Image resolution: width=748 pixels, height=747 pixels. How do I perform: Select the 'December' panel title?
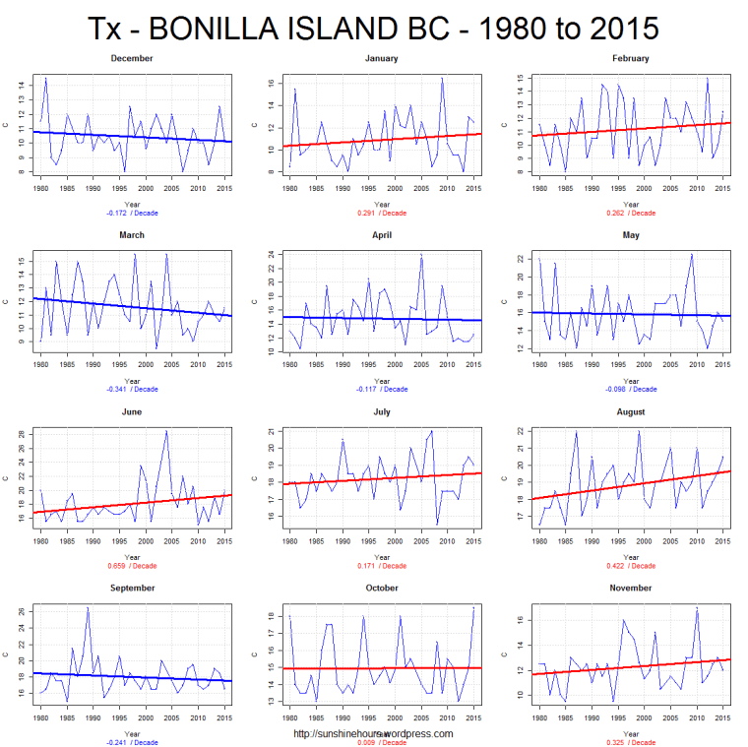pyautogui.click(x=132, y=58)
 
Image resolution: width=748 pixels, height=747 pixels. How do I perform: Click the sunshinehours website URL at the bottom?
pyautogui.click(x=373, y=733)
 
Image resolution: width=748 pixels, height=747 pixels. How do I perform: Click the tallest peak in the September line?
pyautogui.click(x=88, y=608)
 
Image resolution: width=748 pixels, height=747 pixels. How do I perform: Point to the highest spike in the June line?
pyautogui.click(x=166, y=431)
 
